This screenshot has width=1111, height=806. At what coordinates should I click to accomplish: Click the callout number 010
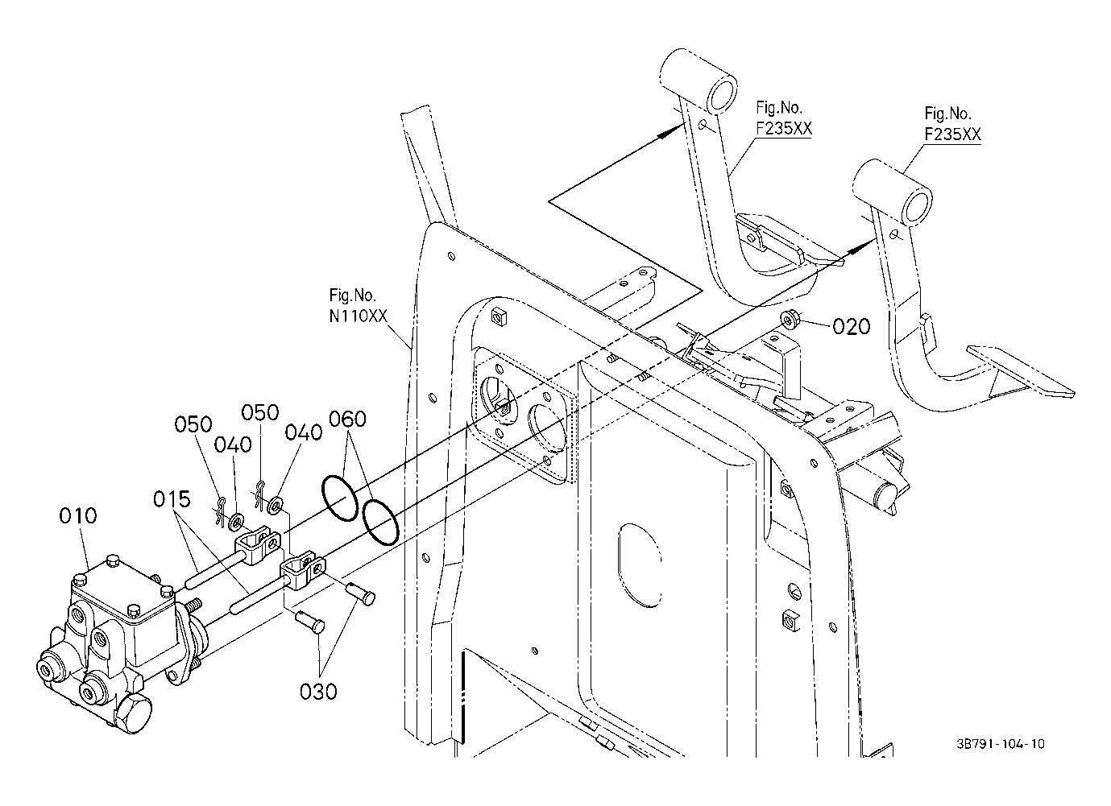[x=78, y=516]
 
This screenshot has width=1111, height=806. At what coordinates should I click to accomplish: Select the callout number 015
[x=172, y=499]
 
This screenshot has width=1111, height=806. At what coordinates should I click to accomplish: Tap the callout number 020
[x=851, y=327]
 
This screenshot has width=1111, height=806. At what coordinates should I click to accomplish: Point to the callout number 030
[x=318, y=692]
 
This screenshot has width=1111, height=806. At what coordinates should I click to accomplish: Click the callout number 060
[x=348, y=420]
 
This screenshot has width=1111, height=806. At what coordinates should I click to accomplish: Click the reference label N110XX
[x=358, y=316]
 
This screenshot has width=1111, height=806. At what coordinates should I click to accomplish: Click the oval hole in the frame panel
[x=639, y=565]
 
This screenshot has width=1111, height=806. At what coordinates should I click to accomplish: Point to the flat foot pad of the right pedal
[x=1021, y=372]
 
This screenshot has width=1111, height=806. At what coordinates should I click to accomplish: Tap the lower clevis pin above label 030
[x=309, y=622]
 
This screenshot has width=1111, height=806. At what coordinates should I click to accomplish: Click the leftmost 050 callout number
[x=193, y=425]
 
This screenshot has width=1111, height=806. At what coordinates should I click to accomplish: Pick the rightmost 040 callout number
[x=304, y=432]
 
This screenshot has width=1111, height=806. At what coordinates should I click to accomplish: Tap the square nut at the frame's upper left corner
[x=499, y=316]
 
